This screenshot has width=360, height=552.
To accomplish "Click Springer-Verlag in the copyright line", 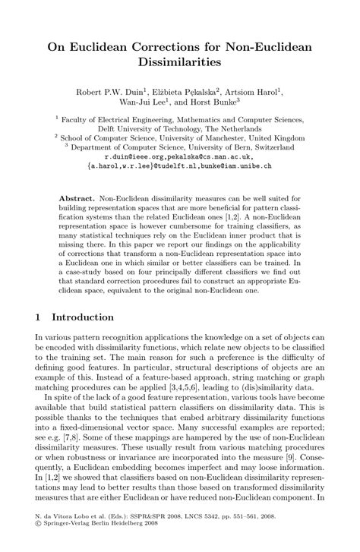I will [67, 544].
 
